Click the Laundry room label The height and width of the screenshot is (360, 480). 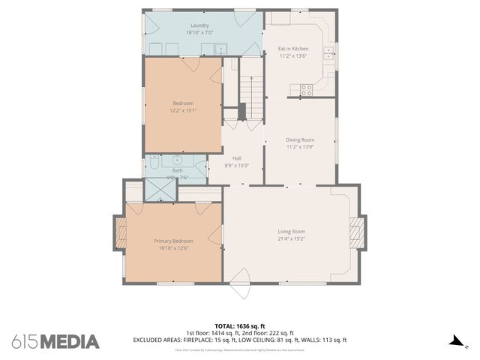[199, 25]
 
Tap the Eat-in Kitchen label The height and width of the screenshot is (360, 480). [294, 48]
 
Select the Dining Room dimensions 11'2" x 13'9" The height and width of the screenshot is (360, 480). [300, 147]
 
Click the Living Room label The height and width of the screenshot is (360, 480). [292, 231]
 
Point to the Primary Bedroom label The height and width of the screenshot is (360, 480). [173, 241]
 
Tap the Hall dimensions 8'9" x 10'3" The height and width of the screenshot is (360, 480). [236, 165]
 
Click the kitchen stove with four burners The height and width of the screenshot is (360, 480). [306, 89]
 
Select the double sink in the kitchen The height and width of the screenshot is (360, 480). [328, 52]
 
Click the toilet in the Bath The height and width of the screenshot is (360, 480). [154, 161]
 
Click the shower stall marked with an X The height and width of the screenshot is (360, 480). [159, 191]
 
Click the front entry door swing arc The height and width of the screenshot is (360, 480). [240, 286]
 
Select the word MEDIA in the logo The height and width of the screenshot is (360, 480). [70, 342]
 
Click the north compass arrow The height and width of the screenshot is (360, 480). [457, 341]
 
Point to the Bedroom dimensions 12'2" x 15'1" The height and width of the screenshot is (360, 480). [183, 110]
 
